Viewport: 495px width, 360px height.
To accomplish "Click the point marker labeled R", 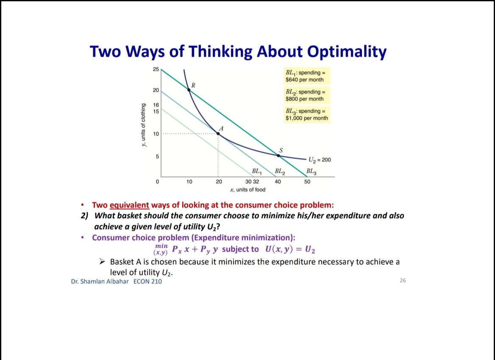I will click(189, 89).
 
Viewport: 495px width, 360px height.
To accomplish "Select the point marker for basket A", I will click(218, 133).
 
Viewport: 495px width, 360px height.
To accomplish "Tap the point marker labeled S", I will click(278, 155).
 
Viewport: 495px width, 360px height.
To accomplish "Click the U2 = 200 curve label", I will click(320, 160).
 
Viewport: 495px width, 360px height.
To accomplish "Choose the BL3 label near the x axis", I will click(312, 172).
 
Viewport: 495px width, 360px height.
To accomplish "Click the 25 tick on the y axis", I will click(156, 69).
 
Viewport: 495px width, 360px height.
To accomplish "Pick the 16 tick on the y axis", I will click(156, 104).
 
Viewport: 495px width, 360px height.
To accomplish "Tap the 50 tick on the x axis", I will click(308, 182).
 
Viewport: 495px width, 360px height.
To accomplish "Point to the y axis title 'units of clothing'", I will click(145, 125).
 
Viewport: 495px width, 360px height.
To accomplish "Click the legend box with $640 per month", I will click(306, 76).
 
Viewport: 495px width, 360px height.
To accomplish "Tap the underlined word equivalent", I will click(129, 205).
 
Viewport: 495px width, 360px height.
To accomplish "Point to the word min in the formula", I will click(161, 245).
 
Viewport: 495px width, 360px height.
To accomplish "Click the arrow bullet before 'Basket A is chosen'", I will click(102, 262).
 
